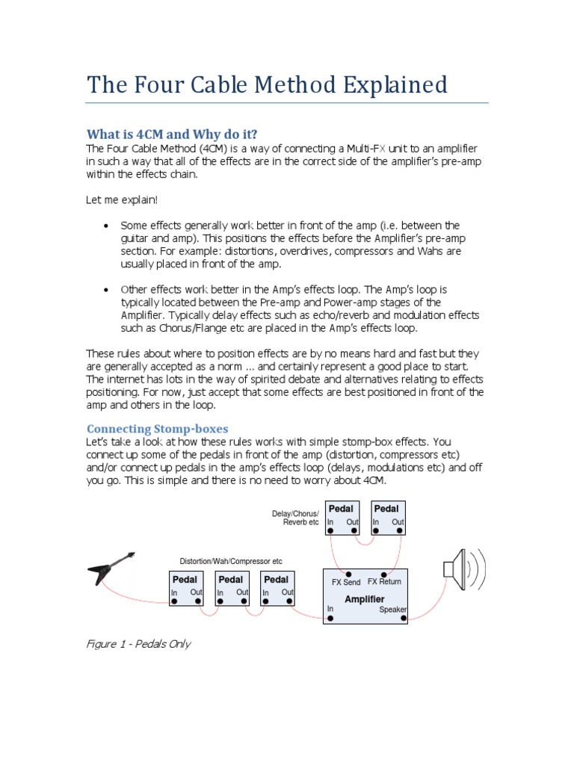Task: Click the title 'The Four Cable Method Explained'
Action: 267,84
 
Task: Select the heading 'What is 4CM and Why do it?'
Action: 172,134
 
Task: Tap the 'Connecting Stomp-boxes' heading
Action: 157,429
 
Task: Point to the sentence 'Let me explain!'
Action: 122,199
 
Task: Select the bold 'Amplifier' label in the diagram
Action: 365,599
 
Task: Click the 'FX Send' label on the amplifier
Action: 345,582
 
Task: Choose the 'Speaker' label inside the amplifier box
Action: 392,610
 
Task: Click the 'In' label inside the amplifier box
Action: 330,609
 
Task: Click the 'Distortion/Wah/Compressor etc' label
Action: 231,561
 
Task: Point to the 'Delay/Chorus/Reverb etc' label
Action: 295,518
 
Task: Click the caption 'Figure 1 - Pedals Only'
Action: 139,644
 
